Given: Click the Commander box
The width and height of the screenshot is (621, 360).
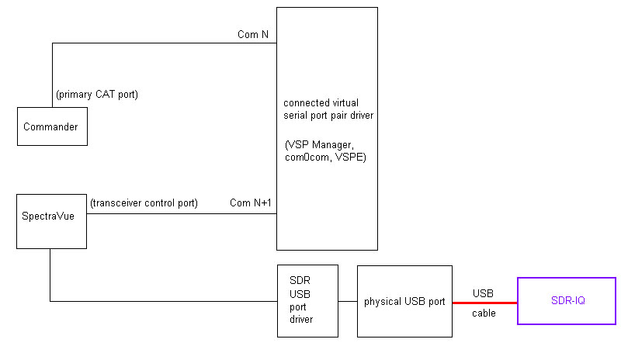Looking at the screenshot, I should [x=52, y=126].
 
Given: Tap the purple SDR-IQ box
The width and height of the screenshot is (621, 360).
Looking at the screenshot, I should [x=567, y=299].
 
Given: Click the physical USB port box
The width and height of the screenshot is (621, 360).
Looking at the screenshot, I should [x=404, y=301].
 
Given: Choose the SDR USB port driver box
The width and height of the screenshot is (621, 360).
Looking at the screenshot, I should [x=307, y=300].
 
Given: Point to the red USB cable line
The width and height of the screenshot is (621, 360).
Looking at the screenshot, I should [x=485, y=302].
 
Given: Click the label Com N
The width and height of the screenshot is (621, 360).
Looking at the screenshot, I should [x=252, y=34].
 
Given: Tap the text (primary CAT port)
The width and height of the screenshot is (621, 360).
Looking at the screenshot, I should [x=97, y=94].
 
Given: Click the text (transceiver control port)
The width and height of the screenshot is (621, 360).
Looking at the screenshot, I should [x=144, y=203].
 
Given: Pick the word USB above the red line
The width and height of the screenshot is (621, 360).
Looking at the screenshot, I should [x=483, y=293].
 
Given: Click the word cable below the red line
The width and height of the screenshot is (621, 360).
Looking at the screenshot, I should [x=484, y=313].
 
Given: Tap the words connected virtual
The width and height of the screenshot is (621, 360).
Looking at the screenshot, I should [x=320, y=102].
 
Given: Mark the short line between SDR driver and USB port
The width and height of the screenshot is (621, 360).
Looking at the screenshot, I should [x=348, y=301].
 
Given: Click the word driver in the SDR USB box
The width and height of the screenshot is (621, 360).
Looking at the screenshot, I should [x=301, y=319].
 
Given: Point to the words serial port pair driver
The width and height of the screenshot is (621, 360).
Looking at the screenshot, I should [x=328, y=115].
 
